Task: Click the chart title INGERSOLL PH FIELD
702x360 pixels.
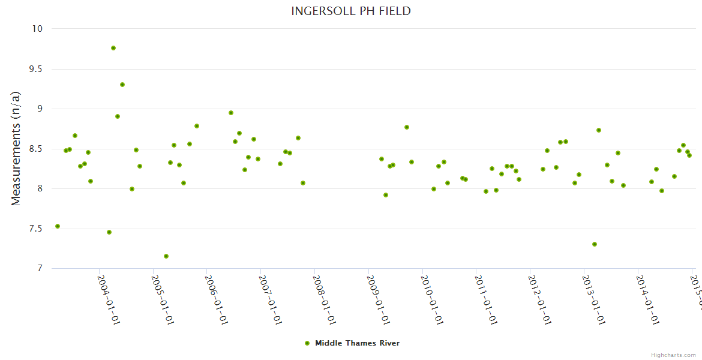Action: point(351,11)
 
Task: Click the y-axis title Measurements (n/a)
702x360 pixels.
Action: point(16,148)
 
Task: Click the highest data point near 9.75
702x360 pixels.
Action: point(113,48)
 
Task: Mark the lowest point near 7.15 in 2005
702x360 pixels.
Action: point(166,256)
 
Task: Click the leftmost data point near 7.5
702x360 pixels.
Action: point(58,226)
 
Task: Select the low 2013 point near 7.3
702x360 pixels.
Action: point(595,244)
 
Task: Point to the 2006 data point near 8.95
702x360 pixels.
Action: point(231,113)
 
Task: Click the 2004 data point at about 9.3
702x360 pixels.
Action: point(122,85)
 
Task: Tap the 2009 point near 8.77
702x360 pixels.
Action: point(407,127)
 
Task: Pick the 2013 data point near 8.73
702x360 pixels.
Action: point(599,130)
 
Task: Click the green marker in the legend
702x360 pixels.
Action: point(307,343)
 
